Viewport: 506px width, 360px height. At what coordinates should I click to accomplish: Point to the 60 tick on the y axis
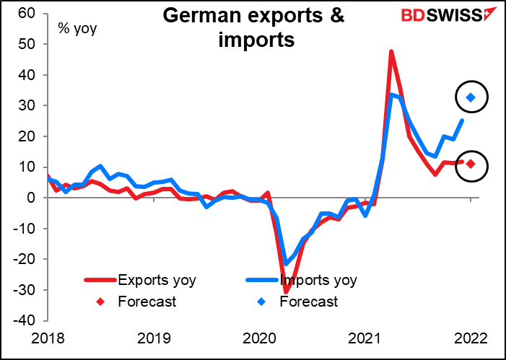point(27,13)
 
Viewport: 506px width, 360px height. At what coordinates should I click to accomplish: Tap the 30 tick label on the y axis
point(27,105)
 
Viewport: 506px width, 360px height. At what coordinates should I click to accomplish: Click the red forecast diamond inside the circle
point(471,164)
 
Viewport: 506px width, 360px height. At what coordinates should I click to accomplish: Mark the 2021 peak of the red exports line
point(391,52)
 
